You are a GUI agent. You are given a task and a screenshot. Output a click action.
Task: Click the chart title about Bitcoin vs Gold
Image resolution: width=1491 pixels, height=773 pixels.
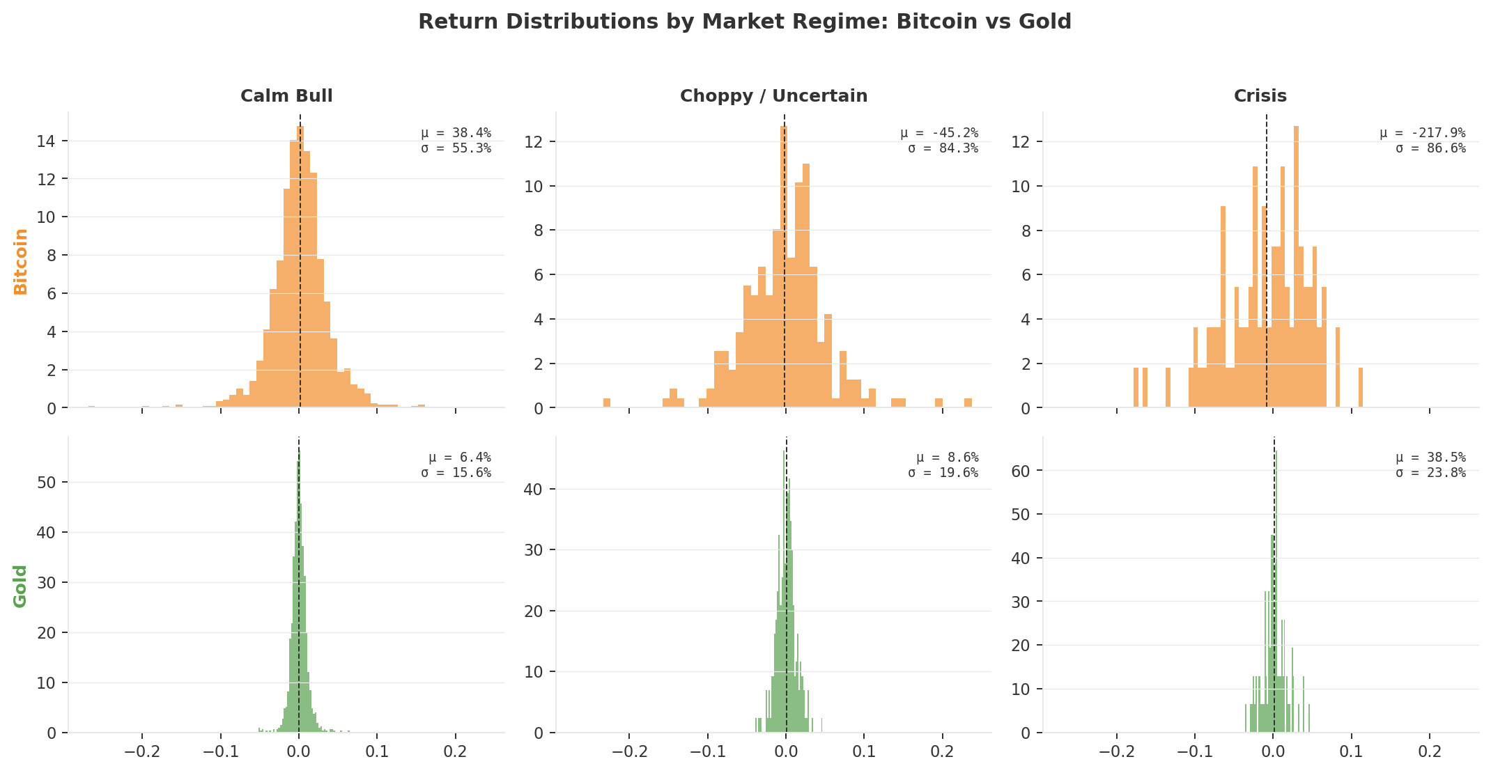[744, 22]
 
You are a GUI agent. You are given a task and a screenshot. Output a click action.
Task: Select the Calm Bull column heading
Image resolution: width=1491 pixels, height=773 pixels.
[286, 96]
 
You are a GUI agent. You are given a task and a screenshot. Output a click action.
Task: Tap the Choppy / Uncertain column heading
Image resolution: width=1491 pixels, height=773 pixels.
[773, 96]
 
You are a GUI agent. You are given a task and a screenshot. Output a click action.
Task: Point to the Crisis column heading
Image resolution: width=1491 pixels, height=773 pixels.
[1260, 96]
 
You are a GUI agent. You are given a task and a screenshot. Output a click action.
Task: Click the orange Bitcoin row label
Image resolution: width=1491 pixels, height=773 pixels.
[21, 261]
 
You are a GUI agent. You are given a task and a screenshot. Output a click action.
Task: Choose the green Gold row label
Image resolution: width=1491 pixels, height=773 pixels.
[21, 586]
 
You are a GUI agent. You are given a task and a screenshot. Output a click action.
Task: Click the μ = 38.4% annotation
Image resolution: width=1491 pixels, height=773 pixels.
[456, 133]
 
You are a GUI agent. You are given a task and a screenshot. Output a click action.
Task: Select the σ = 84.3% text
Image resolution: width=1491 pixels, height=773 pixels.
[943, 148]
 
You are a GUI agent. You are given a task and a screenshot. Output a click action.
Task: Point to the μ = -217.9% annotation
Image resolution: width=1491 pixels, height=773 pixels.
[1422, 133]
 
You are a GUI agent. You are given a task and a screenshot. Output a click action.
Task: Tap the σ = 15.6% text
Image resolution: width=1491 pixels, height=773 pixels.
[456, 473]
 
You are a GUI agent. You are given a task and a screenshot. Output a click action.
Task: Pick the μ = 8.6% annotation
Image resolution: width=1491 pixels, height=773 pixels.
[947, 458]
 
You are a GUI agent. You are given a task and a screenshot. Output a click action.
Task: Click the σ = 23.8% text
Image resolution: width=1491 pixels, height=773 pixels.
[1430, 473]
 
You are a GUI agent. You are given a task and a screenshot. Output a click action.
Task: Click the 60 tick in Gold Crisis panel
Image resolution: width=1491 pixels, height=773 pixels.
[1023, 471]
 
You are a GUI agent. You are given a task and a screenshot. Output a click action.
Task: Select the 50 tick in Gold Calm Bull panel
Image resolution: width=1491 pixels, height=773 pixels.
[48, 483]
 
